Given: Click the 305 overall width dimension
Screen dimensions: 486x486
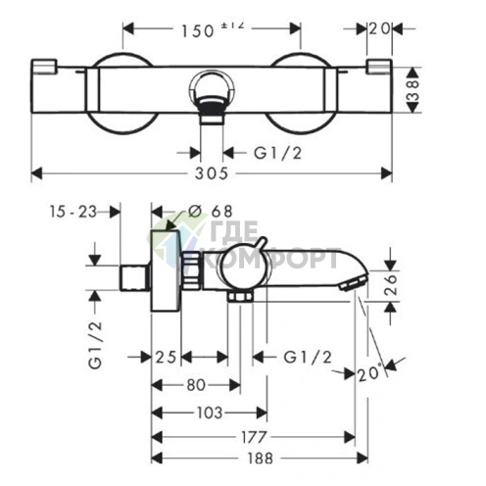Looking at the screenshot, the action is pos(212,173).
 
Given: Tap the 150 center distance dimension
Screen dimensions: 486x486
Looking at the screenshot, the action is pos(198,31).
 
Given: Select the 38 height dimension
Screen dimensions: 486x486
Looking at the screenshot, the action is pos(413,90).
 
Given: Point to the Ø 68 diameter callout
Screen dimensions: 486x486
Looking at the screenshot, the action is pos(211,212).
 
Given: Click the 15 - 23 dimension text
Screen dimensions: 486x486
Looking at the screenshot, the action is pos(73,212).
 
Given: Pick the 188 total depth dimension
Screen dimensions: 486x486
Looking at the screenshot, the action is pos(260,459).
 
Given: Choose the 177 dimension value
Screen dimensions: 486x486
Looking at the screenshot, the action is pos(254,437).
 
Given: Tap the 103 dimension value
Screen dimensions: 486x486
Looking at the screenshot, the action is pos(210,413).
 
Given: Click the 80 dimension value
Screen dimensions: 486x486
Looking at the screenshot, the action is pos(196,385).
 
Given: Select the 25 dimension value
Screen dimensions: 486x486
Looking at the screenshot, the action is pos(166,357).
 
